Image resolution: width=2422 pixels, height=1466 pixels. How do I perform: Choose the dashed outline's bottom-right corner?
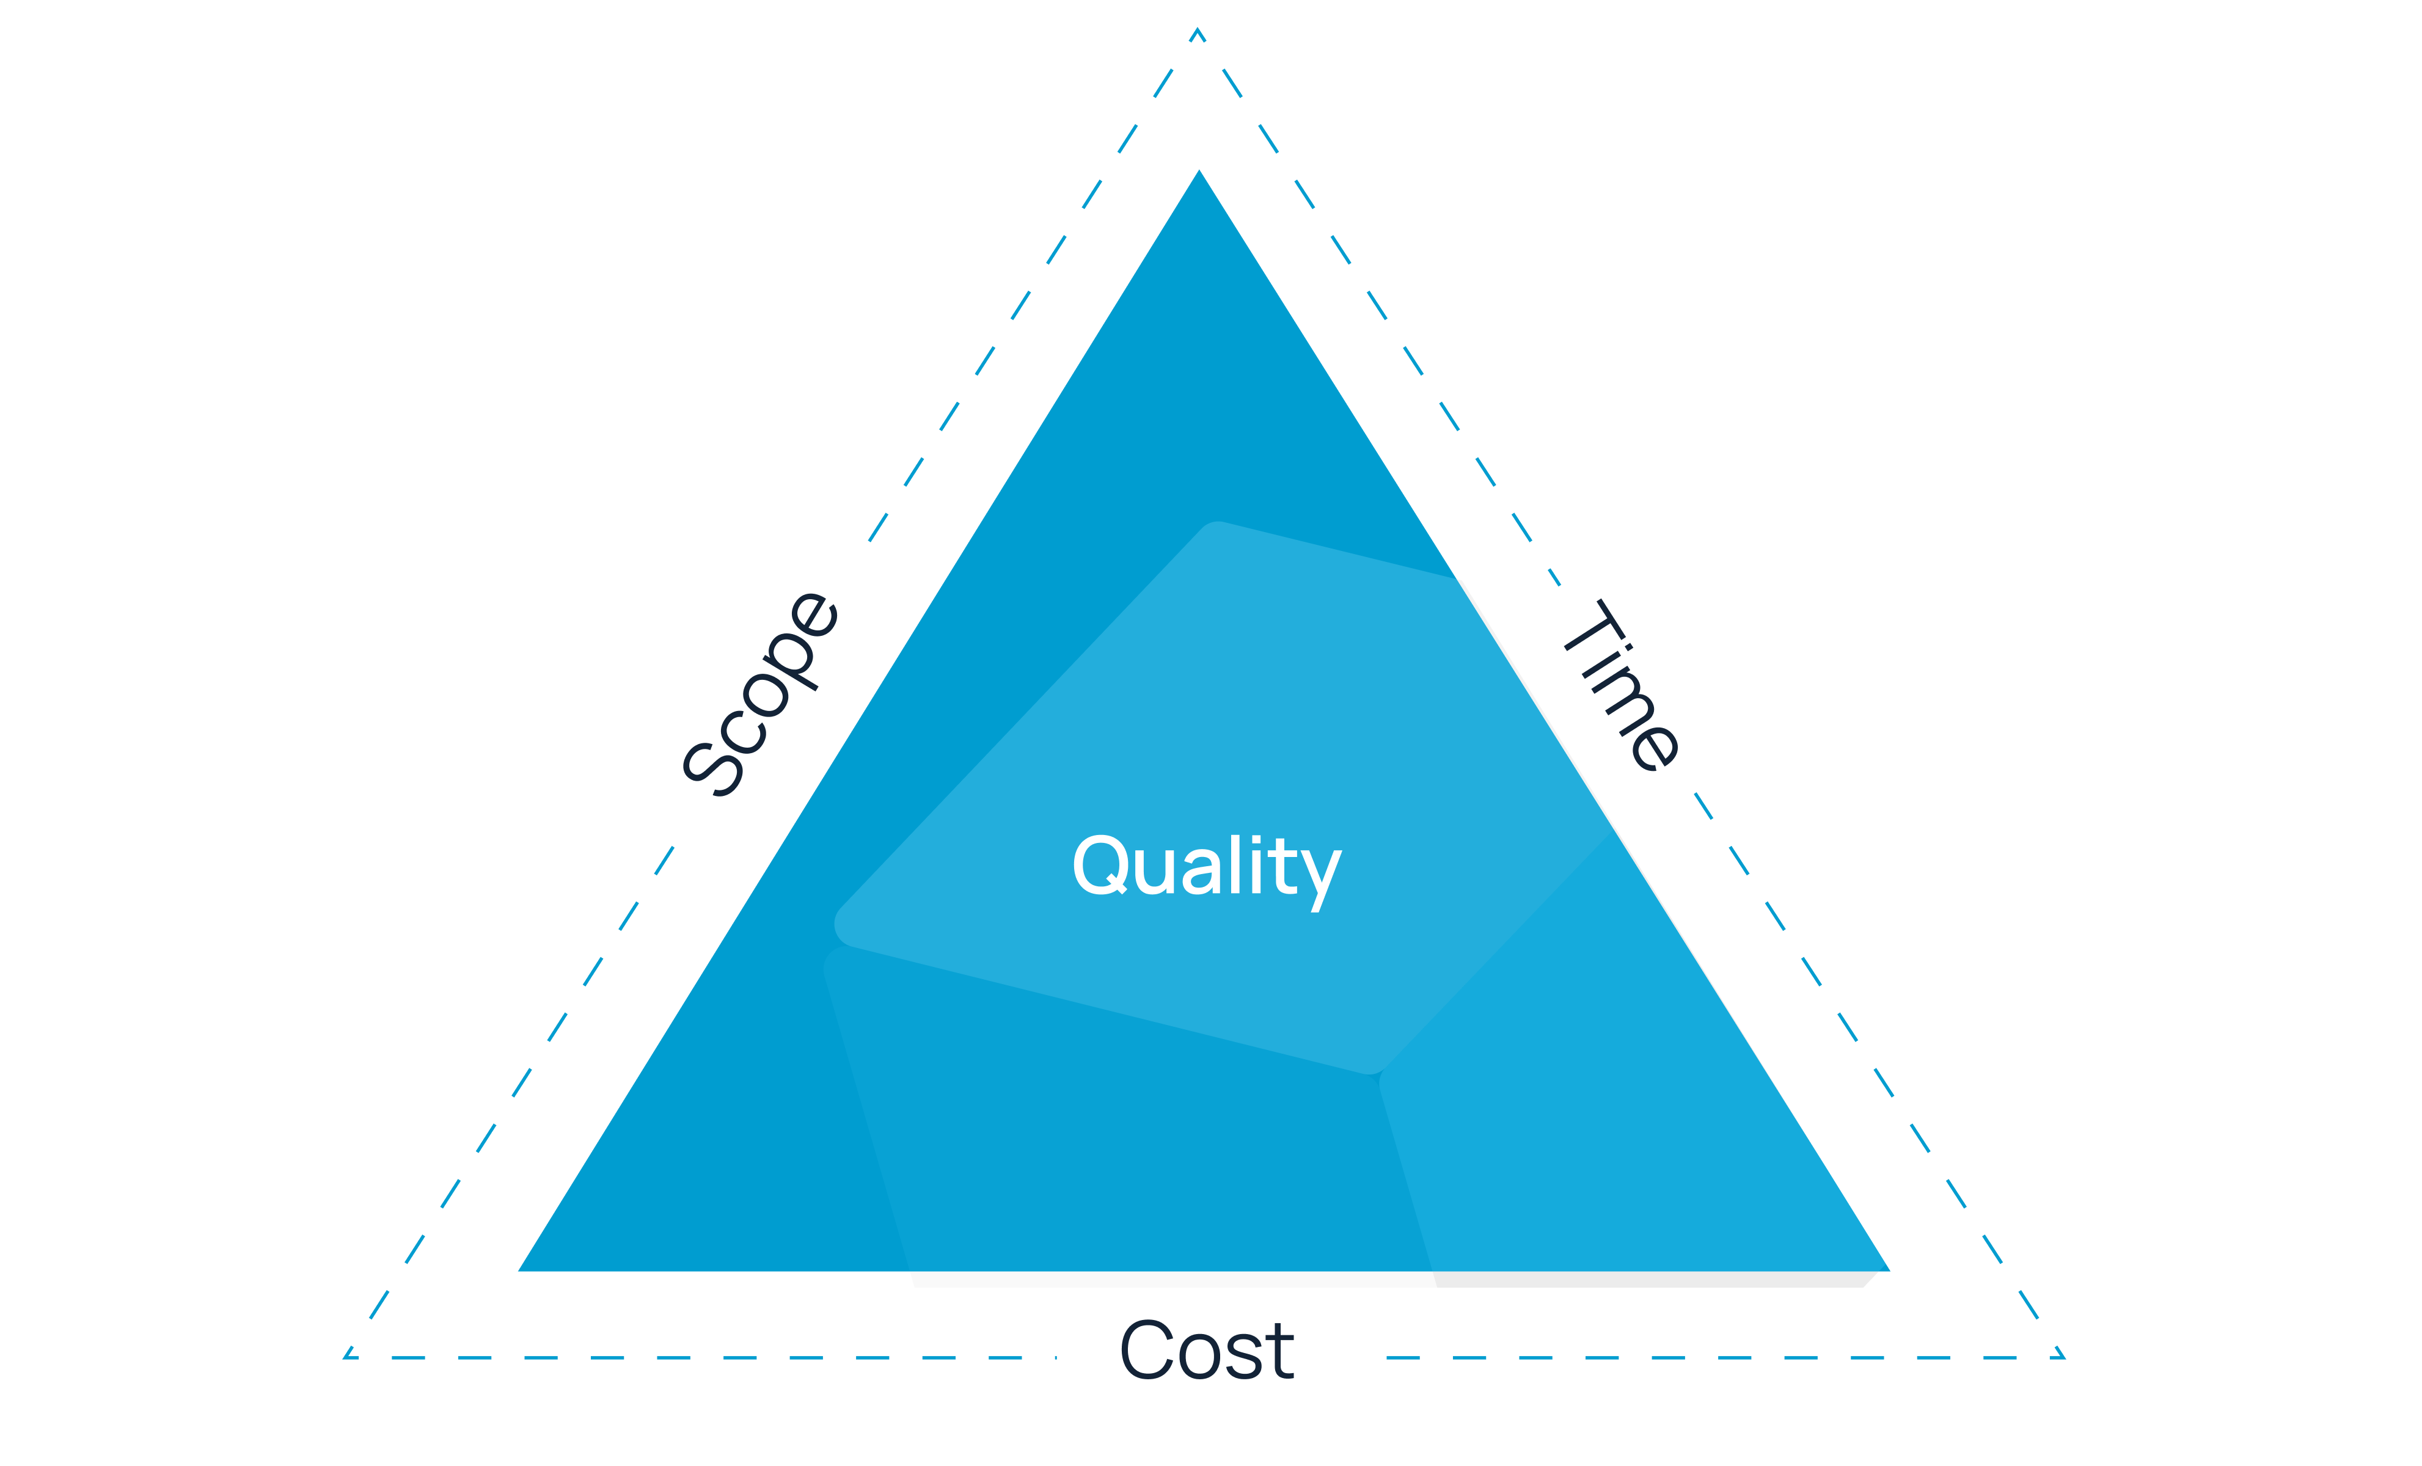click(2064, 1358)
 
